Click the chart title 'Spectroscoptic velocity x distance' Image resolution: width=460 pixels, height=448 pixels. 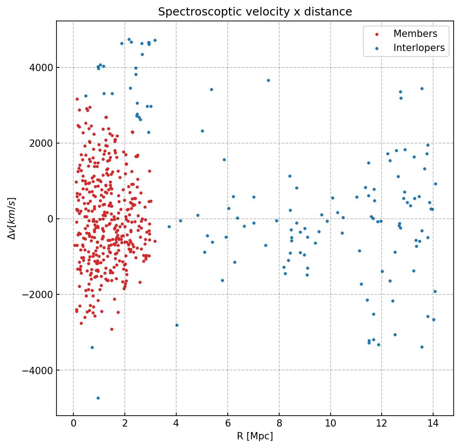(x=255, y=12)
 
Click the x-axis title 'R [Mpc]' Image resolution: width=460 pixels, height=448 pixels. (x=255, y=436)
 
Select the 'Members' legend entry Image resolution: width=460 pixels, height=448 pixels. (x=415, y=34)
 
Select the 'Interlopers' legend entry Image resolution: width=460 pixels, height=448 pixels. (x=419, y=48)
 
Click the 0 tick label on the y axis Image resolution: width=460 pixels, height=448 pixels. (x=49, y=219)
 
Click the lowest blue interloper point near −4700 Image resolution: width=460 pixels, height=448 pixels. (x=98, y=398)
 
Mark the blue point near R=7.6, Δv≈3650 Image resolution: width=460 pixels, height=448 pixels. (x=268, y=80)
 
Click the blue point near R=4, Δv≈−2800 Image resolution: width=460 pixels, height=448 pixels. (x=177, y=325)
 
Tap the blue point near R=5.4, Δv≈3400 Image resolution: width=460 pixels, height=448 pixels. (x=211, y=89)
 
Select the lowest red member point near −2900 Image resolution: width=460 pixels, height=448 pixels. (x=112, y=329)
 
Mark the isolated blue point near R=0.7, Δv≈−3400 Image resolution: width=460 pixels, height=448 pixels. (x=92, y=347)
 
